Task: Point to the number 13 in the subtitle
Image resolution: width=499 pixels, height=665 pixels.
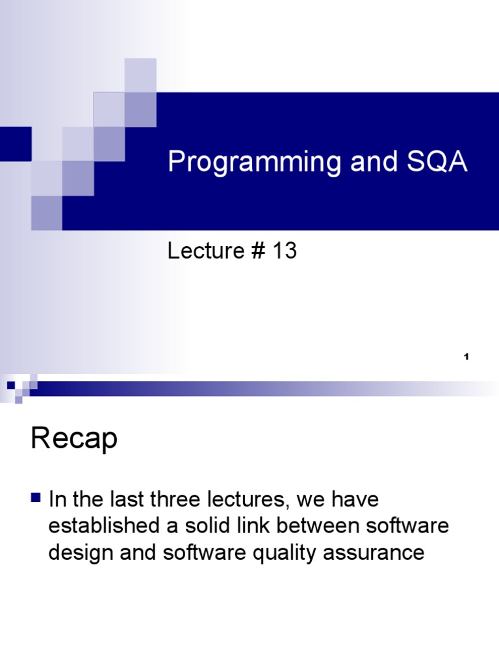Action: click(285, 251)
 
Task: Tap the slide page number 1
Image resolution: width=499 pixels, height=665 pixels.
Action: click(467, 358)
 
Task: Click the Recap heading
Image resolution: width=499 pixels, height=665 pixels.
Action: click(73, 440)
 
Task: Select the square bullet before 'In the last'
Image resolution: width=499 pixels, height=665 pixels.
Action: click(36, 499)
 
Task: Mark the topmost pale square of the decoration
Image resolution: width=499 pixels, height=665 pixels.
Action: click(140, 75)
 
